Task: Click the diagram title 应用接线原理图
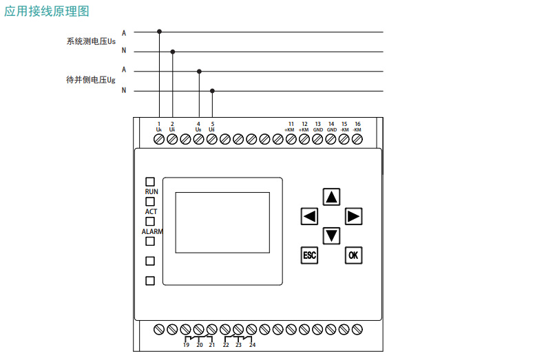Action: point(46,12)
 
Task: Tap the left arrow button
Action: point(309,216)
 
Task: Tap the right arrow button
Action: point(353,216)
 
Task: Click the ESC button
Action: point(309,255)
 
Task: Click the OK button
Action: point(353,255)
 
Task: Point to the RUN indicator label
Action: point(151,191)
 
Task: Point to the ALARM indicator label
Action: point(152,231)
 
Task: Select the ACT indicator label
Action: point(151,211)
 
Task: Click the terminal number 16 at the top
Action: point(357,124)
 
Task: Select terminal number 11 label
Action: point(291,124)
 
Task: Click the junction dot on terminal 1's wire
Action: point(160,32)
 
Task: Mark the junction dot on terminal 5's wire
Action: point(212,91)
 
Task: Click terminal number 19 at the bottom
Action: point(186,345)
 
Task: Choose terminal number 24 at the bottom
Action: point(252,345)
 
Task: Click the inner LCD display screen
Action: point(222,222)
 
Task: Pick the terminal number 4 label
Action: point(199,124)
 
